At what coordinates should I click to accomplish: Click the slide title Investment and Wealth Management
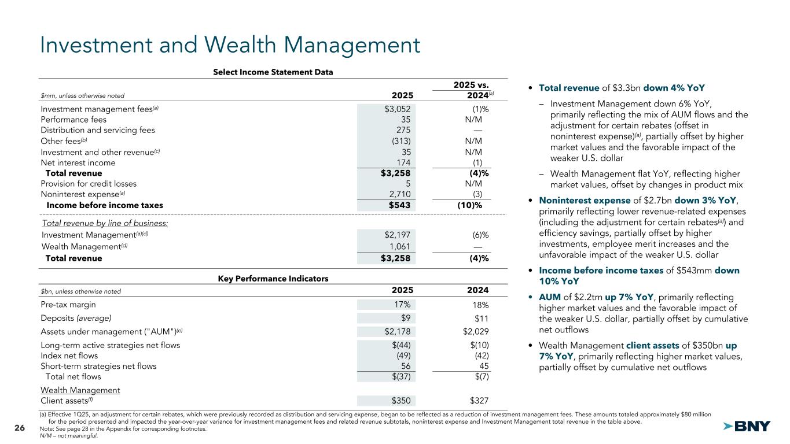pyautogui.click(x=229, y=45)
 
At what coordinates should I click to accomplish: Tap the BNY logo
pyautogui.click(x=747, y=427)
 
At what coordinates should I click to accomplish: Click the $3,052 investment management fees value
pyautogui.click(x=397, y=109)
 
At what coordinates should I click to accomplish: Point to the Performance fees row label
pyautogui.click(x=74, y=120)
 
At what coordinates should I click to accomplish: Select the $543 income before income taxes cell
pyautogui.click(x=398, y=205)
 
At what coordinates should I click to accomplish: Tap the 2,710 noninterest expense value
pyautogui.click(x=398, y=194)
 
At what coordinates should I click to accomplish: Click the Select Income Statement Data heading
pyautogui.click(x=273, y=72)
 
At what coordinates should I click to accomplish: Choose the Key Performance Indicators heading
pyautogui.click(x=273, y=279)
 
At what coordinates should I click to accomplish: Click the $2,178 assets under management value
pyautogui.click(x=396, y=331)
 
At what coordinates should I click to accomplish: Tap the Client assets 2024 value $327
pyautogui.click(x=478, y=400)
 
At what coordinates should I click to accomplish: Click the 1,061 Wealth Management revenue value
pyautogui.click(x=399, y=247)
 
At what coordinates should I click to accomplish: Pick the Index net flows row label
pyautogui.click(x=69, y=356)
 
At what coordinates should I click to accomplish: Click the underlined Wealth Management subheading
pyautogui.click(x=80, y=390)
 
